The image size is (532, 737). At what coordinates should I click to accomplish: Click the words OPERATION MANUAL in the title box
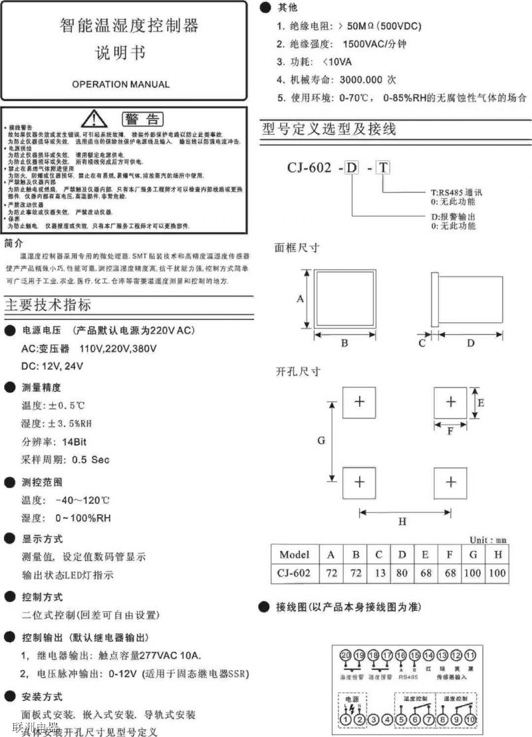[120, 84]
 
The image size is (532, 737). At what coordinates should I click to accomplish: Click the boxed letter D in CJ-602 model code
[351, 167]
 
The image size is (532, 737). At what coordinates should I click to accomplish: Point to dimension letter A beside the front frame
[300, 299]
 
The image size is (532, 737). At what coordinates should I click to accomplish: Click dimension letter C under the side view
[422, 343]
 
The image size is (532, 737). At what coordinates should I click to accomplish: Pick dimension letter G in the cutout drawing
[321, 441]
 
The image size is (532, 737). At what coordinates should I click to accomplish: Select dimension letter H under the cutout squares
[402, 522]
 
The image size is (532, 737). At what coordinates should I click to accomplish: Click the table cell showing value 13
[378, 573]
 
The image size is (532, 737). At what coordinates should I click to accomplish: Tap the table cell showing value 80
[402, 573]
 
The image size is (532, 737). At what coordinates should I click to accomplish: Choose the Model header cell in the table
[295, 554]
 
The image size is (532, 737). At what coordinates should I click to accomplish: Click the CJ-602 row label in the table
[295, 573]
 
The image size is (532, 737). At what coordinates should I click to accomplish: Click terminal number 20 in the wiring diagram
[346, 656]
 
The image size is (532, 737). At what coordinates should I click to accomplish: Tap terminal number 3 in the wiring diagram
[374, 719]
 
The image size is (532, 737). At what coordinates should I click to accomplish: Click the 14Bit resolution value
[76, 441]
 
